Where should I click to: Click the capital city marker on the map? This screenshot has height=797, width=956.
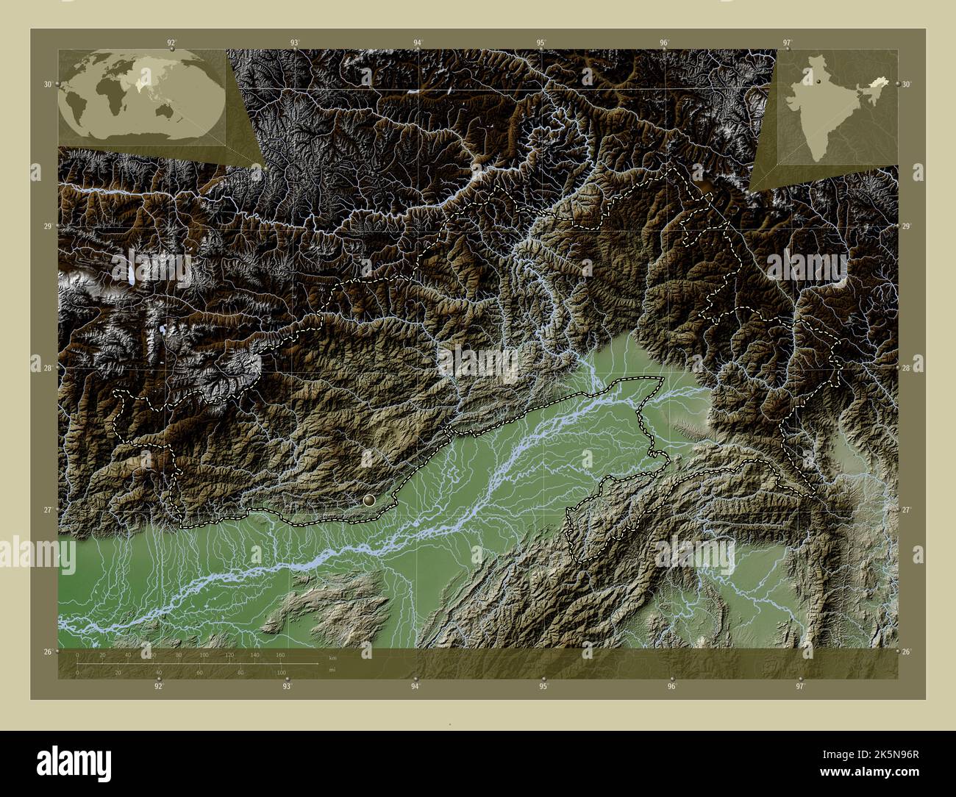369,500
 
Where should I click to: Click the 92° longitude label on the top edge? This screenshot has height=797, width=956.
171,43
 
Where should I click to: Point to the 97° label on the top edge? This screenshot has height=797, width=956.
787,43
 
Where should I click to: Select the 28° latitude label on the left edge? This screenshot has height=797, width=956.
47,368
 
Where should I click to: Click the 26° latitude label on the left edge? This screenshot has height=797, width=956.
47,652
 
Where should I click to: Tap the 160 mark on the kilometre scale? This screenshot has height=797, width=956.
279,655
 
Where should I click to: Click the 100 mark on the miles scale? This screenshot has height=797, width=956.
281,672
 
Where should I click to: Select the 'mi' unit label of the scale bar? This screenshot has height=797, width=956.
332,670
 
